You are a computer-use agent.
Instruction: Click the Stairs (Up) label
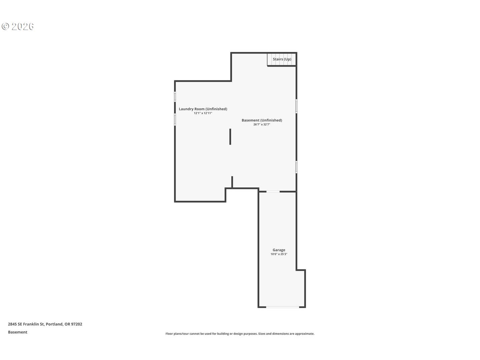tap(282, 59)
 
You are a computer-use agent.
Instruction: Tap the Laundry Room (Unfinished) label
tap(203, 109)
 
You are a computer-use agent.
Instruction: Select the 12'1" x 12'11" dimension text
tap(203, 113)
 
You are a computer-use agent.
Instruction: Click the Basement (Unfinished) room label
tap(262, 120)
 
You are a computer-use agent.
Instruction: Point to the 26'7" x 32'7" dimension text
tap(262, 125)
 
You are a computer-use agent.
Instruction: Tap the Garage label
tap(279, 250)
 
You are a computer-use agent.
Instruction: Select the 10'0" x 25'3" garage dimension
tap(279, 254)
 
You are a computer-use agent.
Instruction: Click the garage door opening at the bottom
tap(283, 307)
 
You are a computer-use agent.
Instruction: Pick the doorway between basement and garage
tap(273, 192)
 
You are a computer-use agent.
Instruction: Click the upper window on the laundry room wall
tap(175, 97)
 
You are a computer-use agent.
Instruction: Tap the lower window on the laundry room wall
tap(175, 119)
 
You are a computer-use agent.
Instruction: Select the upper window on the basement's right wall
tap(296, 106)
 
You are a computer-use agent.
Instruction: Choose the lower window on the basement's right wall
tap(296, 167)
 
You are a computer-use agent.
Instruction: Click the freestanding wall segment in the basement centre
tap(230, 137)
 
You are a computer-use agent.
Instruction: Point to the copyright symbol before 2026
tap(5, 26)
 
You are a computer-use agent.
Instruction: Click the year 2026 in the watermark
tap(23, 26)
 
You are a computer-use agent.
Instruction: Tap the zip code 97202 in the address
tap(77, 324)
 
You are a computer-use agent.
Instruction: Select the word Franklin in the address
tap(31, 324)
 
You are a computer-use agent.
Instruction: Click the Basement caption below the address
tap(18, 332)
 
